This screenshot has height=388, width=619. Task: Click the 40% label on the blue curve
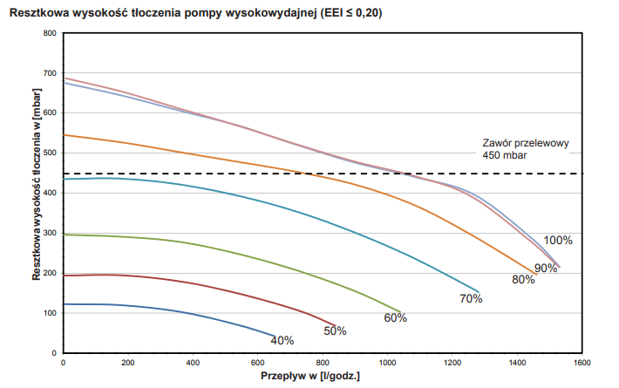[282, 340]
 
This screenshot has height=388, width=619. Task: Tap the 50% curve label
[336, 330]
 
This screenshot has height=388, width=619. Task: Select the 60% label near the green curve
[396, 317]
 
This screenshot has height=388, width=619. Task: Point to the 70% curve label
[471, 298]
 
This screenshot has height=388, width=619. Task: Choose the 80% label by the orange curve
[523, 279]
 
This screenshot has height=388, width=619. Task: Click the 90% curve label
[546, 268]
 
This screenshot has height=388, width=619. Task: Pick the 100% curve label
[558, 241]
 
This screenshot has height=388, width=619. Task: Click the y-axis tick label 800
[48, 33]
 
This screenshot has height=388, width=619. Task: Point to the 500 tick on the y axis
[48, 153]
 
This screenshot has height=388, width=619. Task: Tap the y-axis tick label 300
[48, 233]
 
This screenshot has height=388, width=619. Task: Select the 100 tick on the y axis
[48, 313]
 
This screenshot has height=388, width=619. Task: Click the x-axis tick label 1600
[582, 362]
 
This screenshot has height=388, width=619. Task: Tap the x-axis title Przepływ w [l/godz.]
[310, 377]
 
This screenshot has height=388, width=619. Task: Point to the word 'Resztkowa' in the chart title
[40, 13]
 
